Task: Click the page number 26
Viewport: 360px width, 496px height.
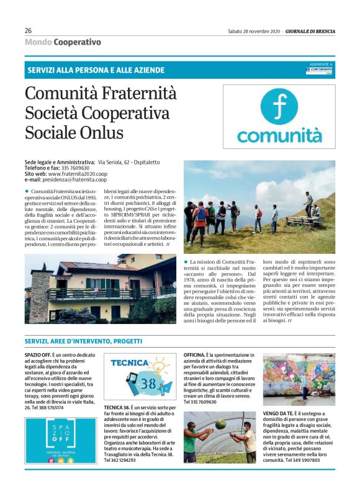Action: pyautogui.click(x=29, y=30)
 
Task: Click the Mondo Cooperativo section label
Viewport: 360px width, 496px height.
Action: pyautogui.click(x=63, y=42)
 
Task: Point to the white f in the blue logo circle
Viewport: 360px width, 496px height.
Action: pyautogui.click(x=279, y=105)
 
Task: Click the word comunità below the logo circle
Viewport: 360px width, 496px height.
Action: pyautogui.click(x=279, y=135)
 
